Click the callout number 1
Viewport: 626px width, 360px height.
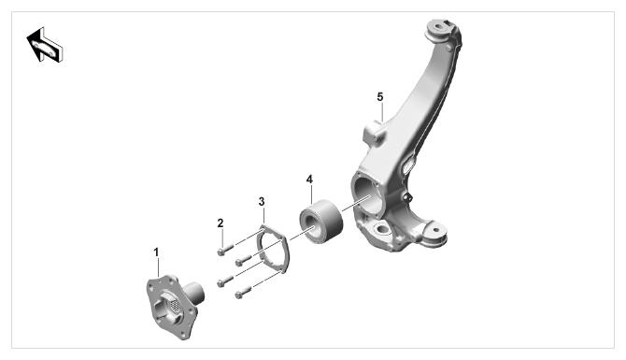[157, 252]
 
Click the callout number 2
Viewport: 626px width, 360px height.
[221, 223]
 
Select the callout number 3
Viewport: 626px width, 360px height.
[262, 201]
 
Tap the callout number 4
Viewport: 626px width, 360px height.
[309, 180]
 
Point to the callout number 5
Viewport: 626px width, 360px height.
[379, 96]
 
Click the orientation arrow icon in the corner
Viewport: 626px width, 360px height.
[45, 45]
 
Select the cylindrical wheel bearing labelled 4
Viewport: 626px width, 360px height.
[320, 221]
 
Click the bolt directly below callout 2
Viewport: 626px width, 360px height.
[225, 250]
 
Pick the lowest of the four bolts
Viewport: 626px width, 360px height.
[243, 293]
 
